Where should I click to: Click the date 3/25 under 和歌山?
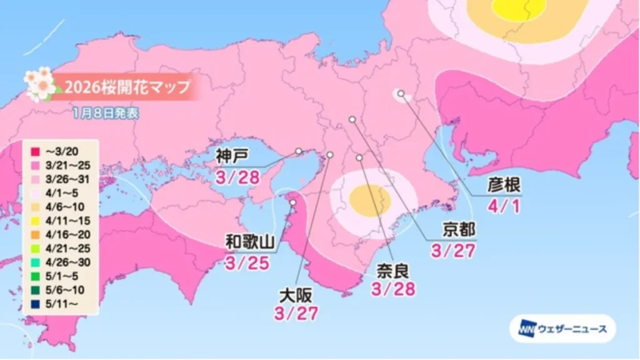click(249, 263)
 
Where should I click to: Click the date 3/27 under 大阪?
click(296, 313)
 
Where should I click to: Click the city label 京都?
click(454, 231)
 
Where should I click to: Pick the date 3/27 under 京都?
click(454, 251)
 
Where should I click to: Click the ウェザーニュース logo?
click(562, 329)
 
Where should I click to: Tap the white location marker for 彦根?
click(401, 94)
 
